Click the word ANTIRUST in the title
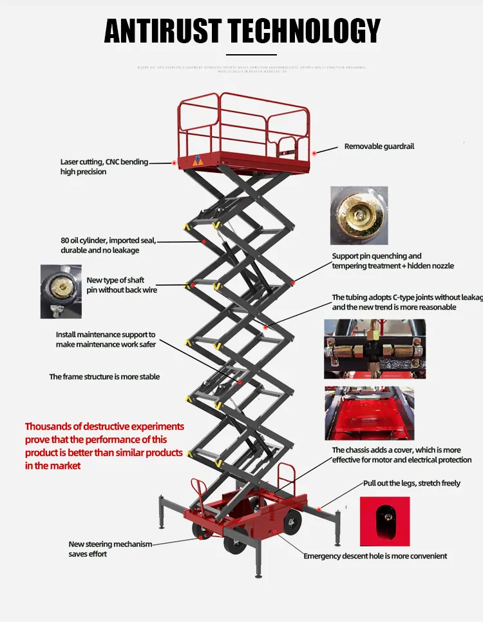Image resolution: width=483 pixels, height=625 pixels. pyautogui.click(x=162, y=31)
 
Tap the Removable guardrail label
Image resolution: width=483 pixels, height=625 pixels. pyautogui.click(x=379, y=146)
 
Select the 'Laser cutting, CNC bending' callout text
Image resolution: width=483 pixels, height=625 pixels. pyautogui.click(x=104, y=162)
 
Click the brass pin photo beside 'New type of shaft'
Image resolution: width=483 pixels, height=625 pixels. pyautogui.click(x=61, y=291)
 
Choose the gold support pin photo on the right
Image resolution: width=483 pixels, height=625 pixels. pyautogui.click(x=359, y=215)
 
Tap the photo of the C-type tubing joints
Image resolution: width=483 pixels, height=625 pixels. pyautogui.click(x=374, y=348)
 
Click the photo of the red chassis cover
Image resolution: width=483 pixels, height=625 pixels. pyautogui.click(x=369, y=413)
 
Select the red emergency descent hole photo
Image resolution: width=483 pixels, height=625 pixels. pyautogui.click(x=384, y=521)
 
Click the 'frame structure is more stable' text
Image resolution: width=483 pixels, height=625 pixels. pyautogui.click(x=104, y=377)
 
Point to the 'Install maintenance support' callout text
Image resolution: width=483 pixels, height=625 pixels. pyautogui.click(x=106, y=339)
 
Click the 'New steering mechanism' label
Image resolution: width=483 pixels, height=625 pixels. pyautogui.click(x=110, y=549)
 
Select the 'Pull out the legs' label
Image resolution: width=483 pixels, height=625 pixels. pyautogui.click(x=412, y=483)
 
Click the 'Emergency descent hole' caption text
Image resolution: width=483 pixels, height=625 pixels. pyautogui.click(x=375, y=556)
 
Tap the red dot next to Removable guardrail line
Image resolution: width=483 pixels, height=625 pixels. pyautogui.click(x=314, y=152)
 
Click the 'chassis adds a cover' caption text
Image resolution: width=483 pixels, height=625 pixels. pyautogui.click(x=401, y=455)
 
